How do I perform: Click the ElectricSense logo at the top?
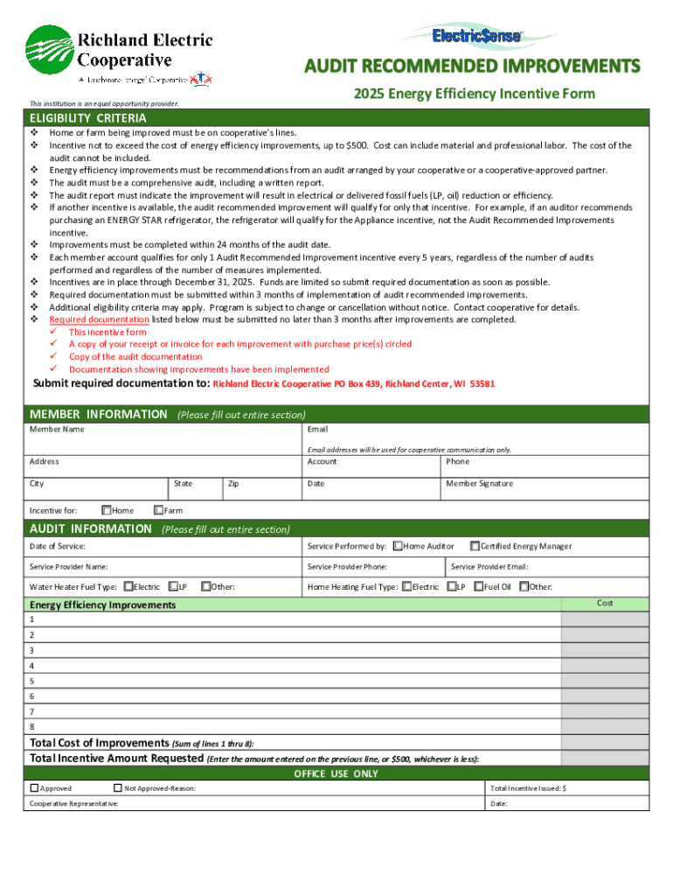477,35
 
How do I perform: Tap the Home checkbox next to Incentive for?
107,510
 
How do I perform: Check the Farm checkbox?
158,510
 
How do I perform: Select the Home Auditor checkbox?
398,546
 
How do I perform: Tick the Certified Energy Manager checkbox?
475,546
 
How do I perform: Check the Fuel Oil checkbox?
479,587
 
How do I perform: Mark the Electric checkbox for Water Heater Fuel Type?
128,587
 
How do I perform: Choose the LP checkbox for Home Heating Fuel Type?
451,587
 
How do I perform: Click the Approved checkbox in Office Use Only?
35,788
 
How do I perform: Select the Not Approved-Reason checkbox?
119,788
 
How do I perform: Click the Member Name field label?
57,430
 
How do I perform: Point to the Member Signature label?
479,484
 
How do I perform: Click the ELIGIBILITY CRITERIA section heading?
87,118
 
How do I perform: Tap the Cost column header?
605,604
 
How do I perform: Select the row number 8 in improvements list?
32,727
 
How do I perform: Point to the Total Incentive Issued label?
528,788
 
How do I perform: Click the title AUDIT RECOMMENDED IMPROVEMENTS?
472,66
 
